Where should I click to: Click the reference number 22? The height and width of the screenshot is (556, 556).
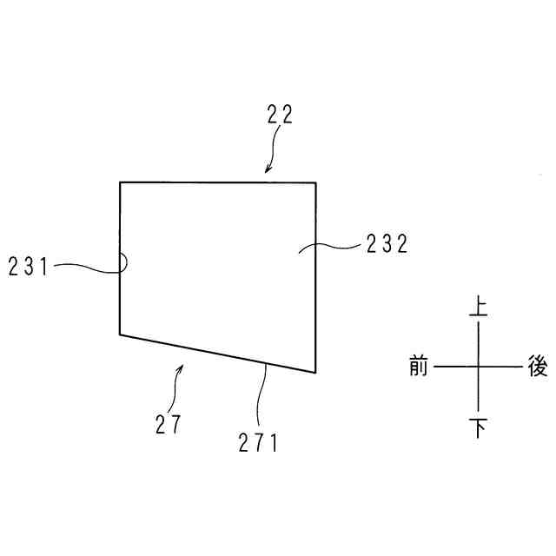(x=280, y=115)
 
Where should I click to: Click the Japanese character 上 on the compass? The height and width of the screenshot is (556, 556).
(x=478, y=308)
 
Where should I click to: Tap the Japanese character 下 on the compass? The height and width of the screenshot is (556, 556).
(x=478, y=427)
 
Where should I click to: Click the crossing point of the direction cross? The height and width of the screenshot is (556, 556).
(x=478, y=367)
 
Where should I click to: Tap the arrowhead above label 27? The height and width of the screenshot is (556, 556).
(x=182, y=368)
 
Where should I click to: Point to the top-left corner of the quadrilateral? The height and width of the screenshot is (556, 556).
(x=120, y=182)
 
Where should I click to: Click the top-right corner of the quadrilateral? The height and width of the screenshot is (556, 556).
(x=314, y=182)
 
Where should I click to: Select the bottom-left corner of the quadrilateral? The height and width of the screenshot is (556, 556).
(x=120, y=334)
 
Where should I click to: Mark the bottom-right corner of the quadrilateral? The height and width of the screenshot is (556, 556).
(x=314, y=372)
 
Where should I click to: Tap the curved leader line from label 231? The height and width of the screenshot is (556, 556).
(x=87, y=268)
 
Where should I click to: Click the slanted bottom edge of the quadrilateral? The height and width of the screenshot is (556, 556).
(x=217, y=353)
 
